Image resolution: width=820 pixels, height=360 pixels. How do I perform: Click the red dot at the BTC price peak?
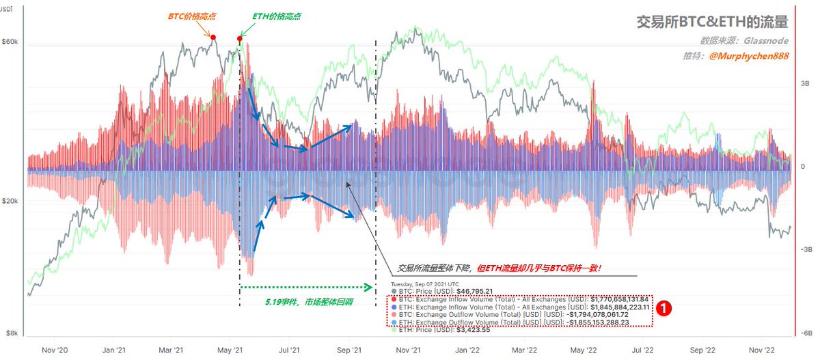coord(213,38)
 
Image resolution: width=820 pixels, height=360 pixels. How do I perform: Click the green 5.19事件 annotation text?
coord(305,301)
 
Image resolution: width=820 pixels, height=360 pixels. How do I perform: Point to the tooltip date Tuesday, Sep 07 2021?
coord(424,283)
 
